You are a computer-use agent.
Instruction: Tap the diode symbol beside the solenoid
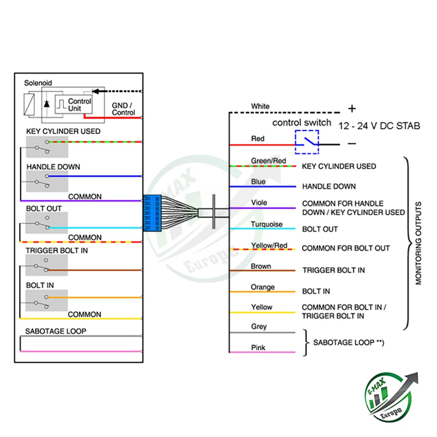pyautogui.click(x=46, y=104)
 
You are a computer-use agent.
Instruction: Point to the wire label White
pyautogui.click(x=260, y=106)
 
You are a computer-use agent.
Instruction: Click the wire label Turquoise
pyautogui.click(x=267, y=224)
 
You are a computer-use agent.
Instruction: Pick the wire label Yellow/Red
pyautogui.click(x=269, y=245)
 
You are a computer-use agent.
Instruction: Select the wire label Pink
pyautogui.click(x=258, y=348)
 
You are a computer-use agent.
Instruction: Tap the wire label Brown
pyautogui.click(x=261, y=266)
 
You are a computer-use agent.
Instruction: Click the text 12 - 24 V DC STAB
pyautogui.click(x=379, y=126)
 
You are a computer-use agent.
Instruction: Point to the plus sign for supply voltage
pyautogui.click(x=352, y=109)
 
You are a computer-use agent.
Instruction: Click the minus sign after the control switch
pyautogui.click(x=352, y=143)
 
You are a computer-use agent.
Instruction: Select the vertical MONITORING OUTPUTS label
pyautogui.click(x=419, y=243)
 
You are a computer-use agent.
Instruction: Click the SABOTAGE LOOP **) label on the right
pyautogui.click(x=348, y=343)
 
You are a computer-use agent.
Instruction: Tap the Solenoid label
pyautogui.click(x=38, y=83)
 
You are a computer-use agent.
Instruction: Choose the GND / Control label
pyautogui.click(x=124, y=109)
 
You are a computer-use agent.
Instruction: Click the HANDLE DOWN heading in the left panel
pyautogui.click(x=53, y=167)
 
